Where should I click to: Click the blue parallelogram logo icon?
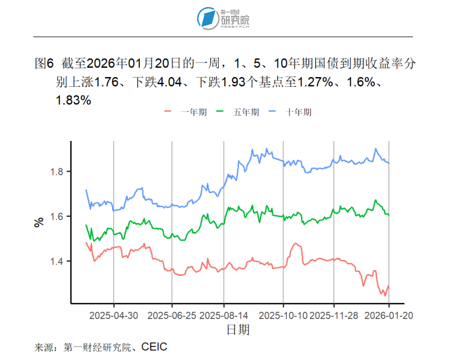[x=208, y=18]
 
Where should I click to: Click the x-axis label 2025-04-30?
[x=114, y=316]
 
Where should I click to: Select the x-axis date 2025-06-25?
[x=172, y=316]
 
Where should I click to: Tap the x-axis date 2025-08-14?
[x=224, y=316]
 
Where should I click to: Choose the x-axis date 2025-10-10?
[x=283, y=316]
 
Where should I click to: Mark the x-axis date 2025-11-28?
[x=334, y=316]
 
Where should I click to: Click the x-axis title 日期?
[x=238, y=330]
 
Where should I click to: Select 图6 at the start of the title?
[x=44, y=63]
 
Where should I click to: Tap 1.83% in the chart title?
[x=73, y=101]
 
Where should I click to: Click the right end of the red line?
[x=389, y=286]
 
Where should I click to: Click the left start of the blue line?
[x=86, y=190]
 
